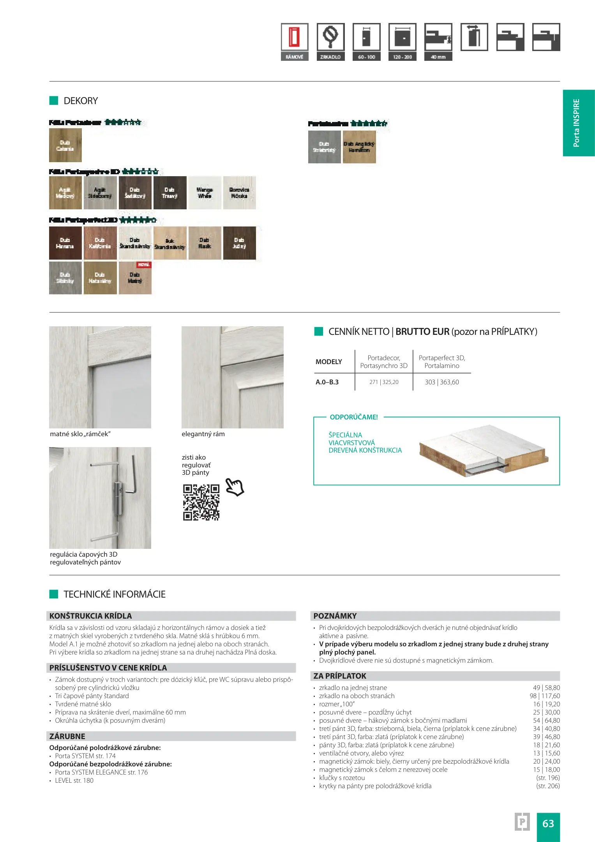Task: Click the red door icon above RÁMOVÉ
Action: [x=294, y=37]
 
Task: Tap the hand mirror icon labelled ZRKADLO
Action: [x=330, y=37]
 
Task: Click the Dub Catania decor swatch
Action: [x=65, y=145]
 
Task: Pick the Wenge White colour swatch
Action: [x=205, y=193]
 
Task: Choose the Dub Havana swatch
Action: [x=65, y=243]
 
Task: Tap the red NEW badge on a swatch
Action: [x=144, y=265]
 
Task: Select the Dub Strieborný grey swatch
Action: [x=324, y=147]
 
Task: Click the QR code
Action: [x=201, y=502]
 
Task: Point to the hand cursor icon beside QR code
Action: [x=235, y=487]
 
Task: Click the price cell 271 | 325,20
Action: [x=384, y=382]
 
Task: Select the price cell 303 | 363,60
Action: [x=442, y=382]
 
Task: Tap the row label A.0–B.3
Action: [x=327, y=382]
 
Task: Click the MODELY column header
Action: [x=328, y=362]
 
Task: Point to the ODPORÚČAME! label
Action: [x=354, y=417]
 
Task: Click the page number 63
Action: [x=548, y=823]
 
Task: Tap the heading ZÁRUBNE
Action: [x=67, y=736]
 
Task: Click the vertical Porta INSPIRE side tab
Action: [x=578, y=123]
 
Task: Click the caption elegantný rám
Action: [x=203, y=434]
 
